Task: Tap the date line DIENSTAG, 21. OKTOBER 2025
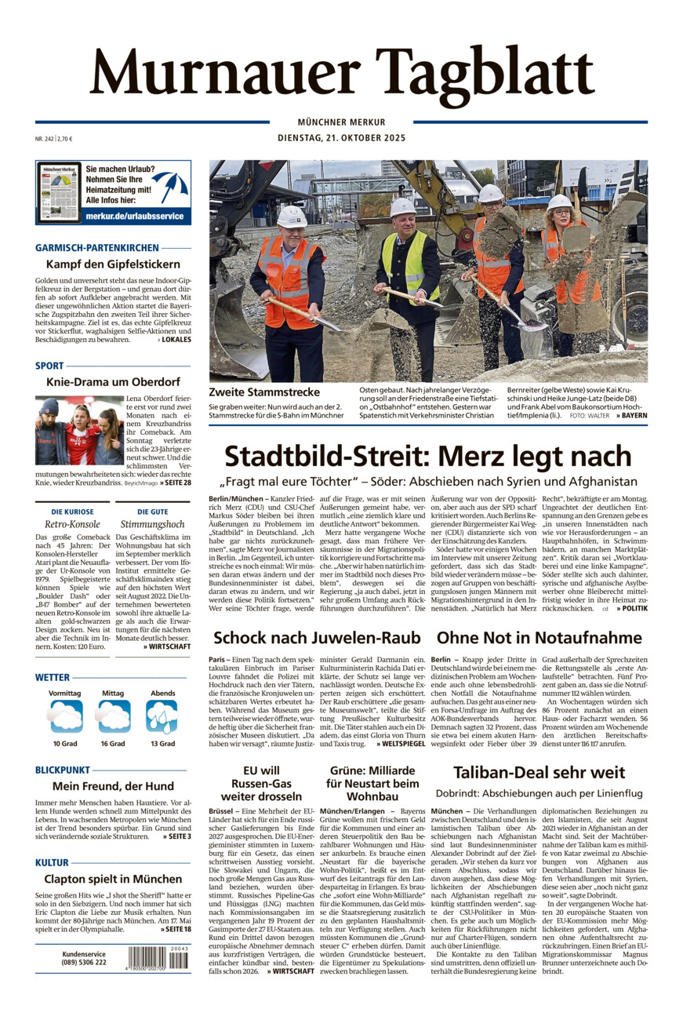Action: [341, 138]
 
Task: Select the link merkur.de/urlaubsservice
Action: [134, 216]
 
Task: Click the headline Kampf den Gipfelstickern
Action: [113, 264]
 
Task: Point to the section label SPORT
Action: [49, 366]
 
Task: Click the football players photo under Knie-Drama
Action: [79, 431]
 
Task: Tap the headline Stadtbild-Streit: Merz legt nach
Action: [427, 456]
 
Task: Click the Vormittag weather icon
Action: [65, 716]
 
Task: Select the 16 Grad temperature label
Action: [112, 743]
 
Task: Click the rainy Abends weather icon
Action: [162, 716]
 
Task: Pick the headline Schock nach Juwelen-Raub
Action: [317, 637]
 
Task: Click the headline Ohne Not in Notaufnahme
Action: [539, 637]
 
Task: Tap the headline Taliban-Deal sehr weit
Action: [539, 772]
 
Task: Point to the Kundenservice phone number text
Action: [84, 962]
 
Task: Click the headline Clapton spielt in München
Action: [113, 879]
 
